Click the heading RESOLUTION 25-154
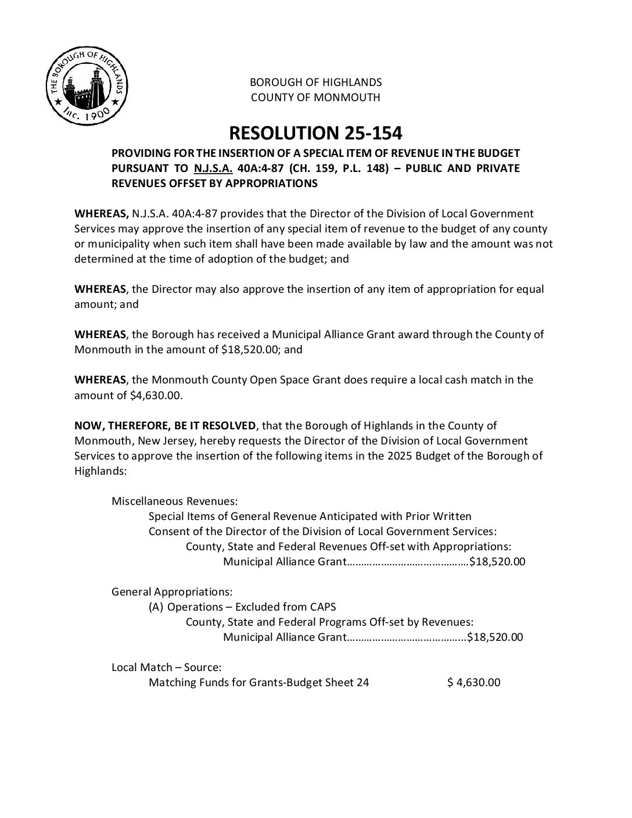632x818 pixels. [x=315, y=133]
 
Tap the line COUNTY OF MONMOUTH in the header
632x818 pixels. [x=315, y=97]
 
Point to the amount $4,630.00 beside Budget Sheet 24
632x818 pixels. [x=474, y=683]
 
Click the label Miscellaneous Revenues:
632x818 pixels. [x=174, y=501]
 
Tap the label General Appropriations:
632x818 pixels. [x=172, y=592]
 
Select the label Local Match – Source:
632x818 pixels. [x=166, y=668]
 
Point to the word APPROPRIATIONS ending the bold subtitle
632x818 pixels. [x=272, y=184]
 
